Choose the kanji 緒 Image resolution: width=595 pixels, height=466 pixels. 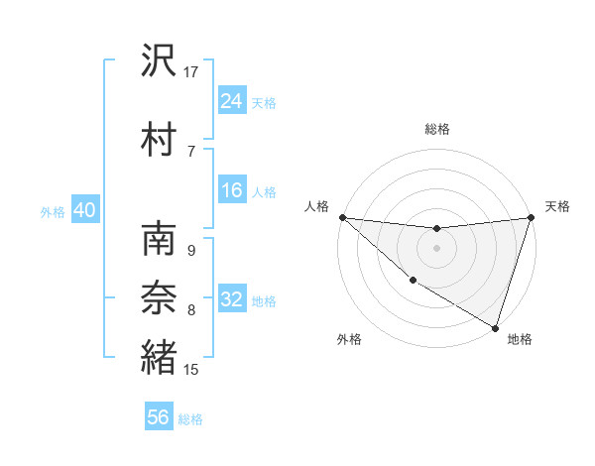click(159, 357)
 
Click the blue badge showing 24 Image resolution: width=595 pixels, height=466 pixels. click(232, 101)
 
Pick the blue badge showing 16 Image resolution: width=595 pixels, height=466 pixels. click(232, 190)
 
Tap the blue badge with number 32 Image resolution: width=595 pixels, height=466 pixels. click(232, 300)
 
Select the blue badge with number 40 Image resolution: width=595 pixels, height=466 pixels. click(84, 210)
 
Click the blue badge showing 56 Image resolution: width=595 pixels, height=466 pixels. click(159, 417)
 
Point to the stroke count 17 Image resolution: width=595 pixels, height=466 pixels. click(191, 71)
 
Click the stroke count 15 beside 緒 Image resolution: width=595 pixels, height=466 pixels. click(191, 370)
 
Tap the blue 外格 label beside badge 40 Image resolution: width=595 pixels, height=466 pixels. click(53, 211)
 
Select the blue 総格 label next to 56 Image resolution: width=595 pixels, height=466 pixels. click(190, 419)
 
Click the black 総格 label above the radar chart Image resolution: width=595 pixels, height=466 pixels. click(436, 128)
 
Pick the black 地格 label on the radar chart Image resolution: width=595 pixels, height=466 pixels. click(520, 339)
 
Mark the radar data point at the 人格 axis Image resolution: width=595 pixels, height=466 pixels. click(342, 217)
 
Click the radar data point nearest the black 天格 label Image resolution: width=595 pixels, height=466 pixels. click(531, 217)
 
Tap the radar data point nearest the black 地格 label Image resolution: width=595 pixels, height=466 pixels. click(495, 327)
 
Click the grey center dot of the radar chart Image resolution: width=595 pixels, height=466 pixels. click(436, 248)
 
